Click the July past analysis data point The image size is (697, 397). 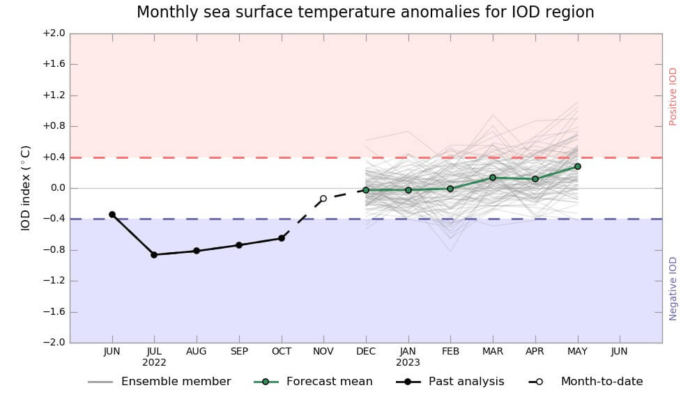(x=154, y=255)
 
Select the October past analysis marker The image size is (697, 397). (x=282, y=238)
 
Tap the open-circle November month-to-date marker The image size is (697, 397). (x=323, y=198)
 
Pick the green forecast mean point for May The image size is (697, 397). (x=578, y=166)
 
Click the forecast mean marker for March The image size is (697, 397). (x=493, y=178)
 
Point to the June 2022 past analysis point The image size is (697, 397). (x=112, y=215)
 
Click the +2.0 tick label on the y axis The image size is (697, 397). (x=54, y=33)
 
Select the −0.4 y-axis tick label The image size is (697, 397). (x=54, y=219)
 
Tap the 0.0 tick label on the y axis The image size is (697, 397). (x=56, y=188)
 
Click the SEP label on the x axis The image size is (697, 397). (x=239, y=352)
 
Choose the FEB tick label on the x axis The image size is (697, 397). (x=450, y=352)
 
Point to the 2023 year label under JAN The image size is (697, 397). (x=408, y=362)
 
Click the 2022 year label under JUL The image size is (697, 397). (x=154, y=362)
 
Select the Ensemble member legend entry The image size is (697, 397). (x=176, y=382)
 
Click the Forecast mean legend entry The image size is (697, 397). (x=329, y=382)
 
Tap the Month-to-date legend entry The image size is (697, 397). (x=602, y=382)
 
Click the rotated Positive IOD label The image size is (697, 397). (x=673, y=96)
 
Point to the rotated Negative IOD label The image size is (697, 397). (x=673, y=288)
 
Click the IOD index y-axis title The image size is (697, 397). (x=26, y=188)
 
